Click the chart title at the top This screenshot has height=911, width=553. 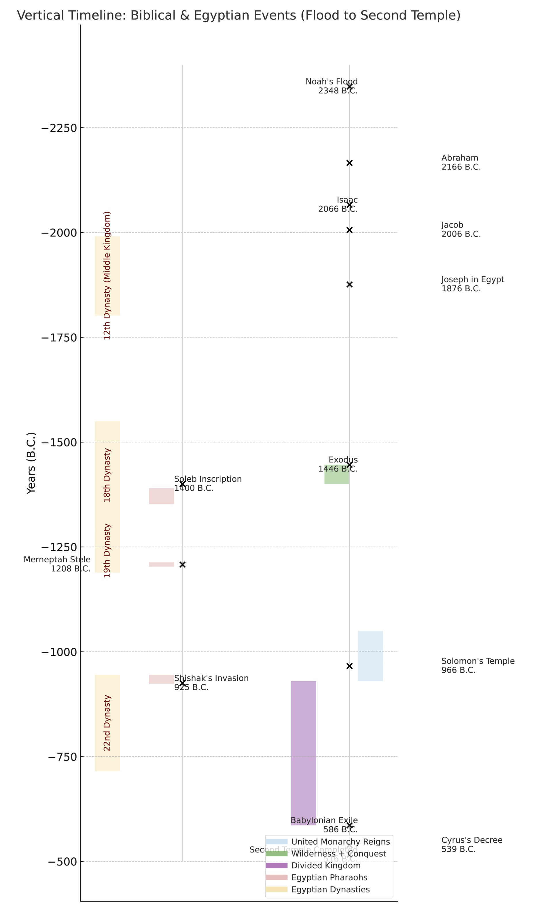pos(239,16)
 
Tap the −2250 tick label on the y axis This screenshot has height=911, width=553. pos(59,128)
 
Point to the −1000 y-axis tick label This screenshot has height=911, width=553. pos(59,652)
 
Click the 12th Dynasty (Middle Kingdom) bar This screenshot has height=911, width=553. pos(107,276)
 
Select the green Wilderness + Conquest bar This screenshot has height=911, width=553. pos(336,474)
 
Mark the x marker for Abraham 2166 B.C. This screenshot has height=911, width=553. pos(349,163)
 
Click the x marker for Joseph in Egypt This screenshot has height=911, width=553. pos(349,284)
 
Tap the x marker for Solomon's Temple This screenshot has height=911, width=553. pos(349,666)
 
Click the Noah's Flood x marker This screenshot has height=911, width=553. pos(349,86)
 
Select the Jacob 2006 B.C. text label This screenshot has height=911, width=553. pos(461,230)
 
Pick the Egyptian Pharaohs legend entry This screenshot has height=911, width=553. pos(329,877)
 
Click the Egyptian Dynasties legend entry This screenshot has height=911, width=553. pos(330,889)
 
